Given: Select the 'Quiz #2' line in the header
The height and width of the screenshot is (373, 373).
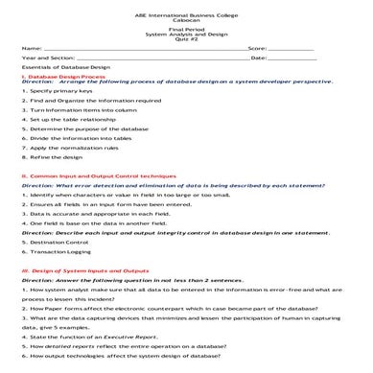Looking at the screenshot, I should [x=186, y=40].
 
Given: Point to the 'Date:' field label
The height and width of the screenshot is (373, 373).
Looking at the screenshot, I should [x=258, y=58].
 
